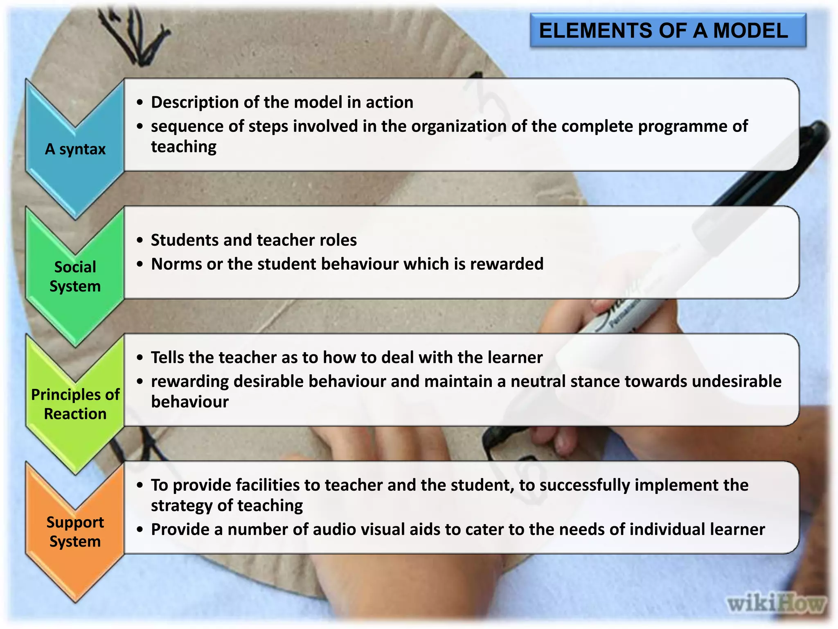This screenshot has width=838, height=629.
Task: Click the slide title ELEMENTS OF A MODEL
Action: [x=663, y=31]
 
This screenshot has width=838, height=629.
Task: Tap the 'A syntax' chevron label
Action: [x=75, y=149]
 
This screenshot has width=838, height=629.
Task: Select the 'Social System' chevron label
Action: [x=75, y=276]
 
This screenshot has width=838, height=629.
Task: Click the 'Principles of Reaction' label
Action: [x=75, y=404]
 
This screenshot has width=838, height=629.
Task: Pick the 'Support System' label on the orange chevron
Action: [x=75, y=532]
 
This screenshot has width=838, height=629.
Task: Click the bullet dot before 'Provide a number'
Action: [x=140, y=530]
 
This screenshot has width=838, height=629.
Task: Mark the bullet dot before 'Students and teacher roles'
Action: [x=140, y=240]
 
